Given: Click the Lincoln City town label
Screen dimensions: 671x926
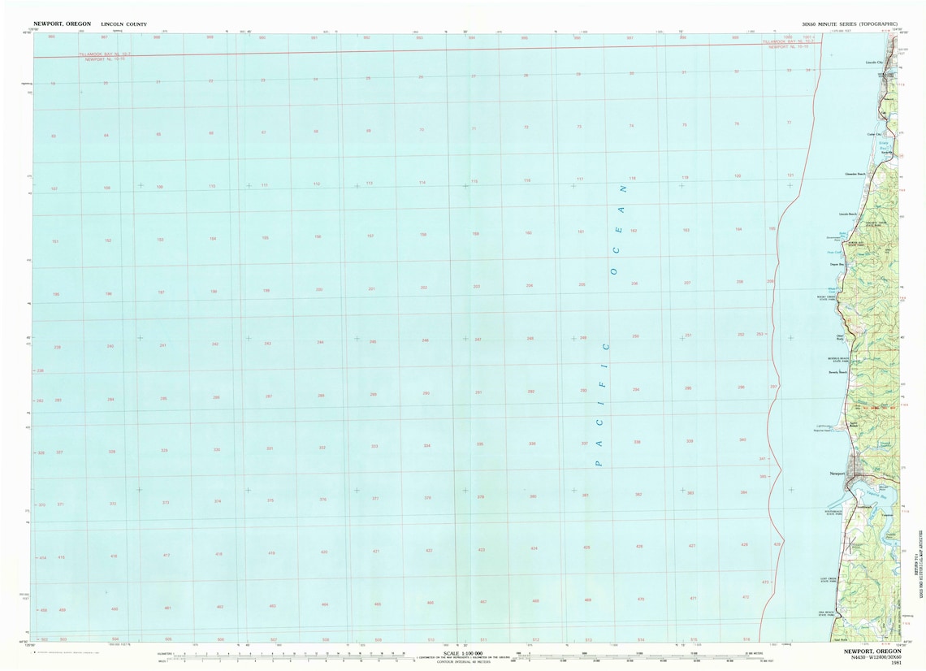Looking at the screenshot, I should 874,62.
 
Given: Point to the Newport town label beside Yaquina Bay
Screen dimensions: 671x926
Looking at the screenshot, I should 837,474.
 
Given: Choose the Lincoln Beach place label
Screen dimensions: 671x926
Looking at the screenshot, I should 848,214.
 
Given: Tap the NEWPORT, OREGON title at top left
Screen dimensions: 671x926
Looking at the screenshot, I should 62,24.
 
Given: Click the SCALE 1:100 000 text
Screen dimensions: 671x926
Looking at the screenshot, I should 463,652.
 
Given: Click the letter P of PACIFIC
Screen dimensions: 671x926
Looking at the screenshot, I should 598,462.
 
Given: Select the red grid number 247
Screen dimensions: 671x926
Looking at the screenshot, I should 478,339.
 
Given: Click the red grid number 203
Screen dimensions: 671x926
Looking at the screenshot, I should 477,287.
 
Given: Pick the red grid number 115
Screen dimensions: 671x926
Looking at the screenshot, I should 474,181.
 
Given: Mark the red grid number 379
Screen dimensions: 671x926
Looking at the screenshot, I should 480,496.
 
